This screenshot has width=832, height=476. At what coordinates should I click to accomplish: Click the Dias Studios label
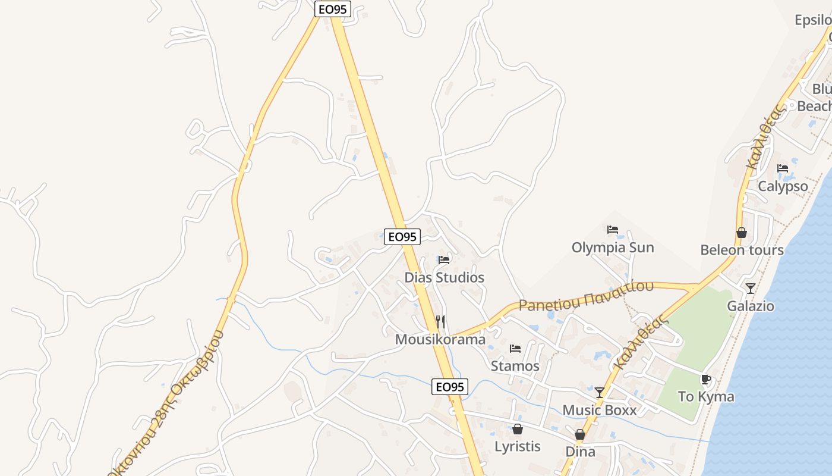[x=444, y=277]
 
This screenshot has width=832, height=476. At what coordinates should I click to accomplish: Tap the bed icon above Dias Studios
[x=444, y=259]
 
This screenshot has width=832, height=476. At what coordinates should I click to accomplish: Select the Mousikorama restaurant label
[x=440, y=339]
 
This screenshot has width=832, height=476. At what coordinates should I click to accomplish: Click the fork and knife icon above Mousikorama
[x=440, y=322]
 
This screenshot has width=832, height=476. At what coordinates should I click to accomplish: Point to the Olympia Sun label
[x=613, y=248]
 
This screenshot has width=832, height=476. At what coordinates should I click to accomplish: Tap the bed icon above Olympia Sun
[x=613, y=230]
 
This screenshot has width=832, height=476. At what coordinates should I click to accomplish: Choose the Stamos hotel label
[x=515, y=366]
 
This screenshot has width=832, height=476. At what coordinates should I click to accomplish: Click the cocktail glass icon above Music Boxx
[x=600, y=393]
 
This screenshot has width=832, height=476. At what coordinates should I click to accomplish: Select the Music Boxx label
[x=600, y=410]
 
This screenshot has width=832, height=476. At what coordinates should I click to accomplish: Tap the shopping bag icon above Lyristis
[x=518, y=429]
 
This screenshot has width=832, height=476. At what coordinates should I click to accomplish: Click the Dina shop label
[x=580, y=452]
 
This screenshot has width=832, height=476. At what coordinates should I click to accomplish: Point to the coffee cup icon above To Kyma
[x=706, y=379]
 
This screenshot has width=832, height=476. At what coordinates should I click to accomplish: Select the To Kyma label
[x=706, y=396]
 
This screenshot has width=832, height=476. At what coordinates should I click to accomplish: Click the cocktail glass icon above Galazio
[x=751, y=289]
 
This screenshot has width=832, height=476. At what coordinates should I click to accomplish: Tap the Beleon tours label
[x=742, y=250]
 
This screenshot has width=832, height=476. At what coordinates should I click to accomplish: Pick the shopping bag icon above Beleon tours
[x=742, y=233]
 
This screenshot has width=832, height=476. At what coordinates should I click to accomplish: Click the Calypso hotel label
[x=783, y=186]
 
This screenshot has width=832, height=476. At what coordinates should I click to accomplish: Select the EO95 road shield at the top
[x=333, y=9]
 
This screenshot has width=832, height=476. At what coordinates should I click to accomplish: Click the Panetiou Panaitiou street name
[x=586, y=296]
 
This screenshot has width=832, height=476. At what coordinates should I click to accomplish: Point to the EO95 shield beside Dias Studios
[x=402, y=237]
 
